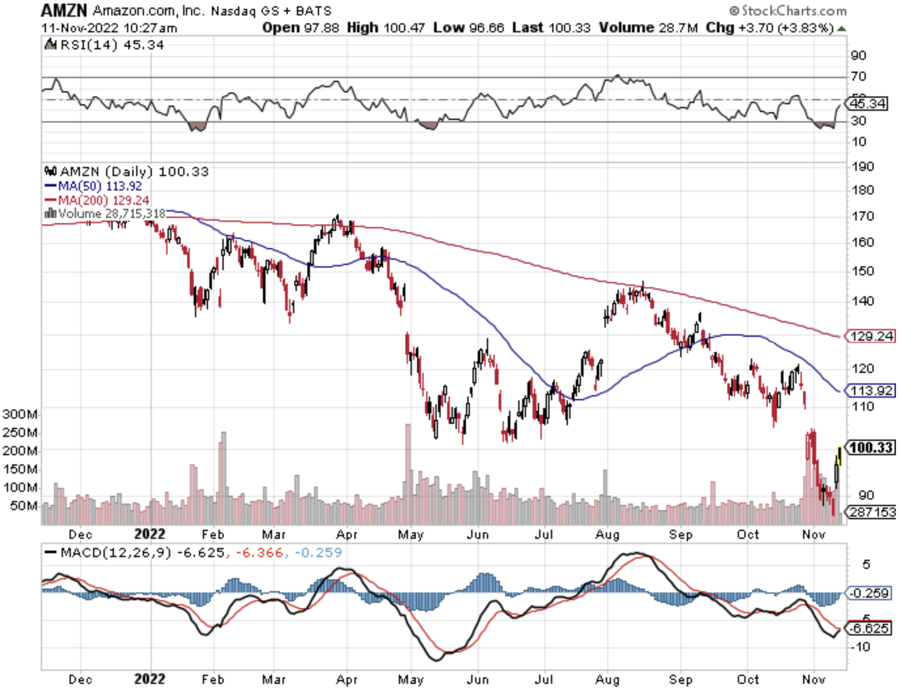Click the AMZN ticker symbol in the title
(64, 10)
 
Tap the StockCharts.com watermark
(788, 10)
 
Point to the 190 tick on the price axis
(863, 166)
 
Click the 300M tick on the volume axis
(20, 414)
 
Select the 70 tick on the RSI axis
(859, 76)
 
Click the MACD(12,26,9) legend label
(115, 552)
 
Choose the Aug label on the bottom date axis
(607, 679)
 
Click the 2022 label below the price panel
(150, 534)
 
